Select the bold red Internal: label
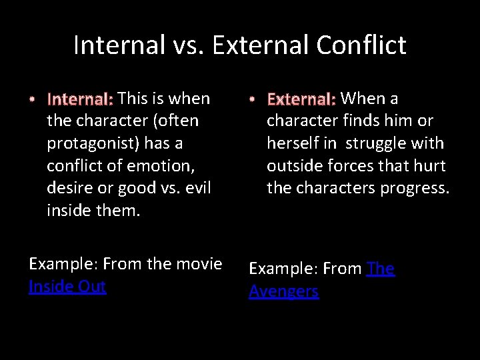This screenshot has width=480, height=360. pyautogui.click(x=80, y=100)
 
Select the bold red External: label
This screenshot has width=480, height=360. pyautogui.click(x=301, y=100)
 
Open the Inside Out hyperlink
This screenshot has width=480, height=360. pyautogui.click(x=67, y=287)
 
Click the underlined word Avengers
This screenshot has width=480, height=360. pyautogui.click(x=283, y=291)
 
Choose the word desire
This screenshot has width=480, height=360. pyautogui.click(x=69, y=188)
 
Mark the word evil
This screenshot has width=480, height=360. pyautogui.click(x=197, y=188)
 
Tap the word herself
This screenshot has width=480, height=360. pyautogui.click(x=293, y=143)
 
